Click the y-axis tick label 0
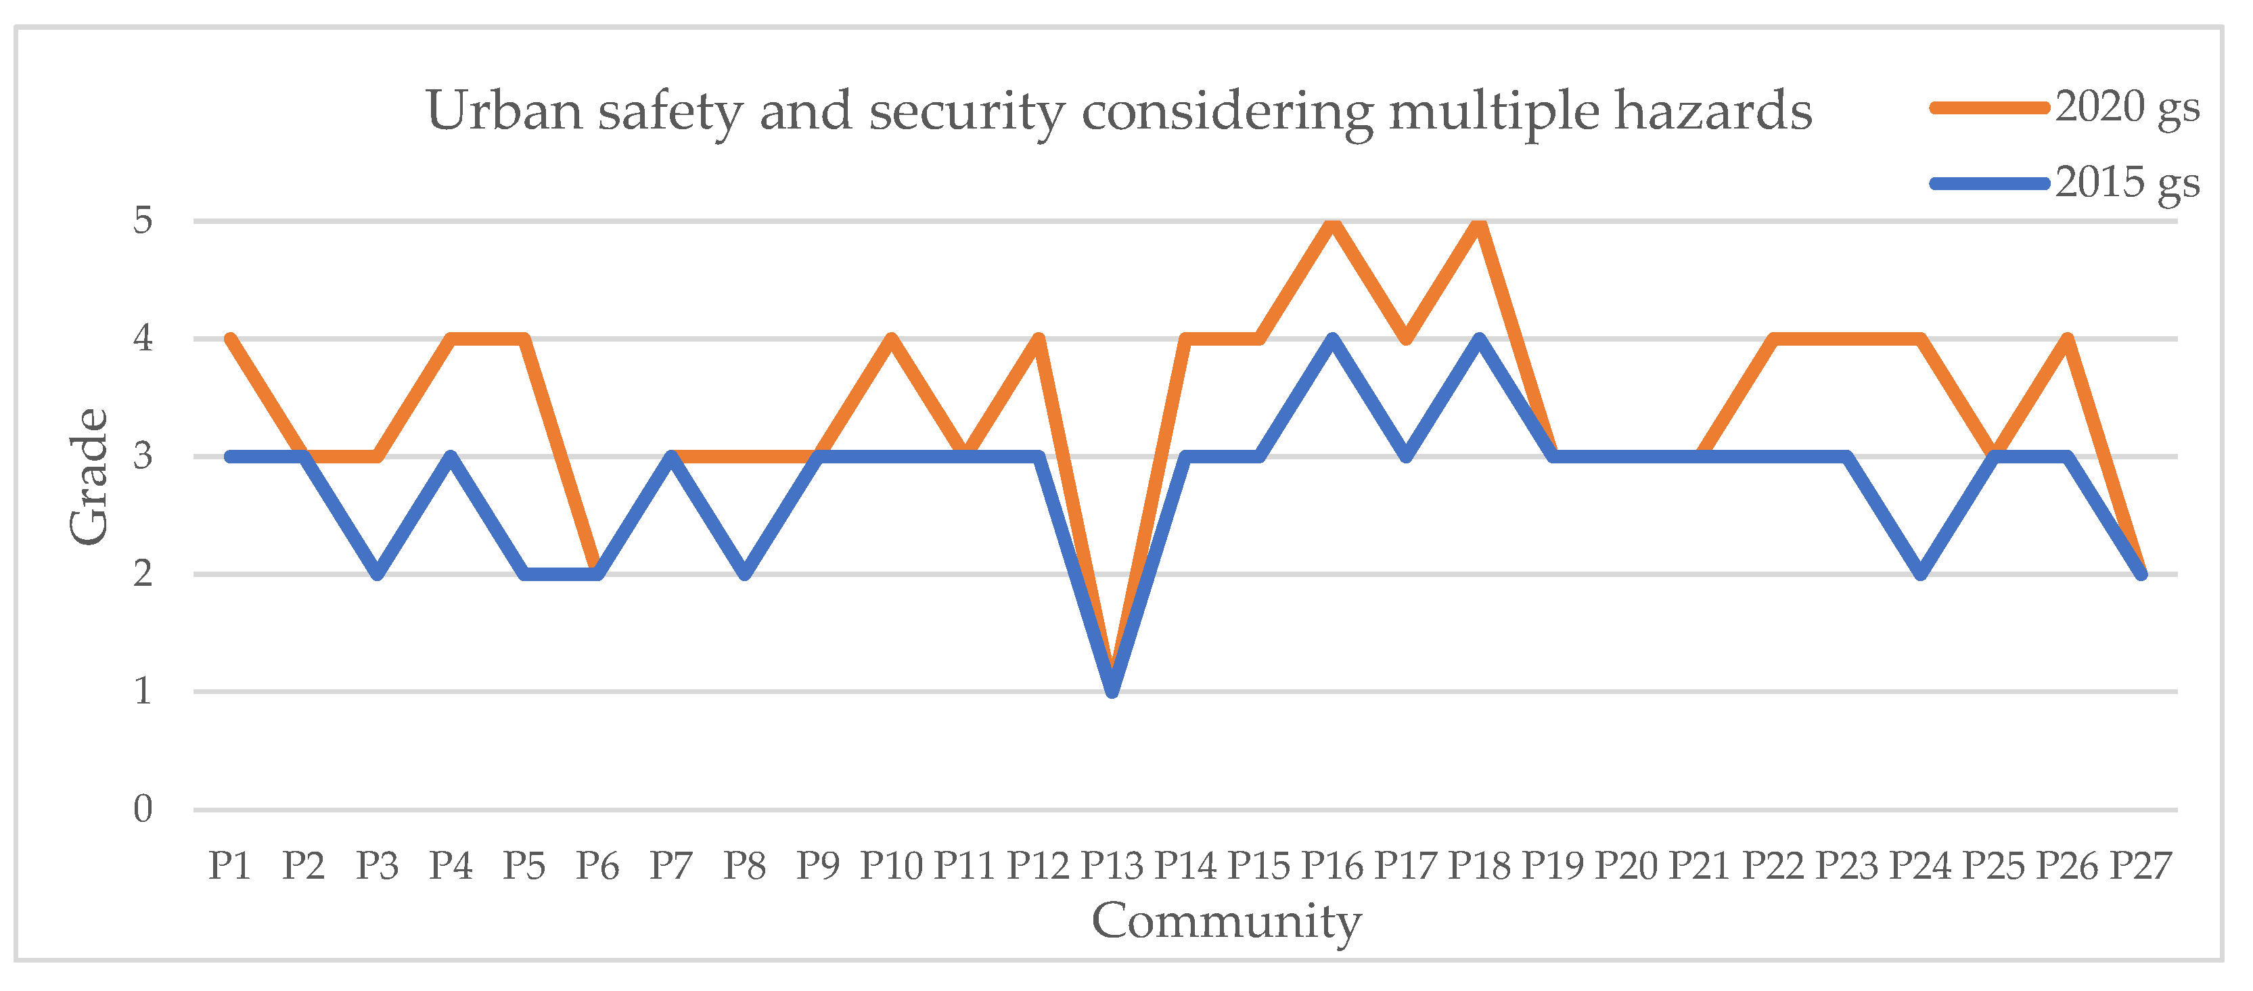point(143,809)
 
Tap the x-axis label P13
point(1112,866)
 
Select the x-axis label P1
point(230,866)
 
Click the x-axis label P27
point(2140,866)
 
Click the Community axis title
point(1226,922)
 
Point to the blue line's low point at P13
point(1112,691)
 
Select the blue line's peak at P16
point(1332,340)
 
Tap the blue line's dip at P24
point(1919,574)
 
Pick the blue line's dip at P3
point(377,574)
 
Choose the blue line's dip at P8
point(744,574)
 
